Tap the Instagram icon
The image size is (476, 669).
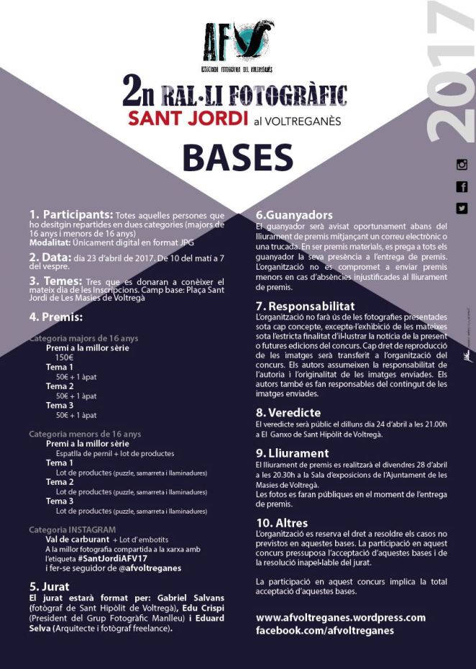coord(462,165)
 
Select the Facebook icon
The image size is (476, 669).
coord(462,187)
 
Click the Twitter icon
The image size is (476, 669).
coord(462,209)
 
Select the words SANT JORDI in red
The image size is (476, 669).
coord(188,119)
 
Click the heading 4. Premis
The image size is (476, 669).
coord(56,317)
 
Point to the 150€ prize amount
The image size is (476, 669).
coord(65,357)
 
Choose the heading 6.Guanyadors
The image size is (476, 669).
coord(294,214)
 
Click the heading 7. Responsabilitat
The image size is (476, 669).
coord(306,306)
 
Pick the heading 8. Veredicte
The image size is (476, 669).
coord(288,413)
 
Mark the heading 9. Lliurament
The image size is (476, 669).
coord(293,453)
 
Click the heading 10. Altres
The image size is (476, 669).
coord(282,523)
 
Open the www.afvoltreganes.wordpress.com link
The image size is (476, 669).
coord(341,617)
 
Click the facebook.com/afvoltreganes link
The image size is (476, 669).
coord(325,630)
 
